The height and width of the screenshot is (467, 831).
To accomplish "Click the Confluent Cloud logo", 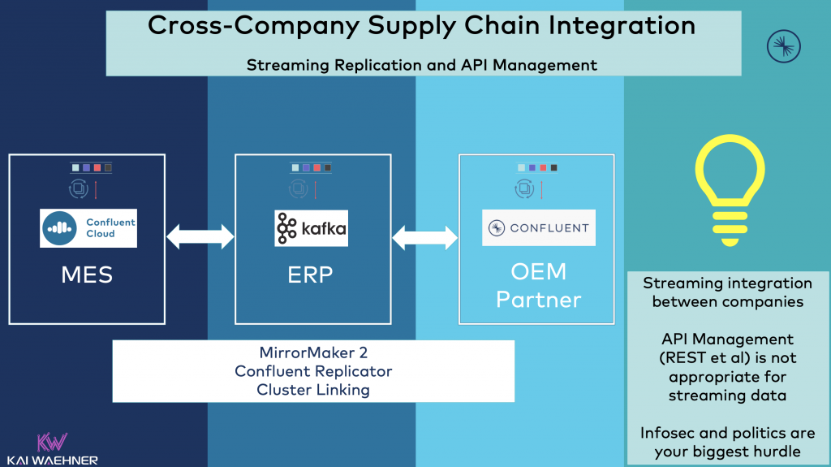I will [x=88, y=227].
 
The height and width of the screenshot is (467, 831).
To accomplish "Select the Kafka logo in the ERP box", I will [x=310, y=228].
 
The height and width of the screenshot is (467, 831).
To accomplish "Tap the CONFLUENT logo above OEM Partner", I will [x=539, y=228].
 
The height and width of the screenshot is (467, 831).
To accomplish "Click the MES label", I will [x=87, y=275].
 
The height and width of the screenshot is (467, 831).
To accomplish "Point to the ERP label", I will [x=310, y=275].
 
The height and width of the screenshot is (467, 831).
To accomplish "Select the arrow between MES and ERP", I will [x=200, y=236].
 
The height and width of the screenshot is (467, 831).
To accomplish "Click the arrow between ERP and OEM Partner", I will [x=425, y=236].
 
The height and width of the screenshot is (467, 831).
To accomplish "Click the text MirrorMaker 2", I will [x=313, y=352].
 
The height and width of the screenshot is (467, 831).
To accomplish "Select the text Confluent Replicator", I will [x=313, y=370].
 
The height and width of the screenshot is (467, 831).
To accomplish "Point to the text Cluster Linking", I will [x=313, y=389].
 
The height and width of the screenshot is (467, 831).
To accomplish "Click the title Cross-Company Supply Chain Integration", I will [x=421, y=26].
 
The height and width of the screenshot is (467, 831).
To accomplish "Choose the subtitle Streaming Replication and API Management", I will [x=421, y=64].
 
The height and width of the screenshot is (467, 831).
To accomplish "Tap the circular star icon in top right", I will [x=784, y=45].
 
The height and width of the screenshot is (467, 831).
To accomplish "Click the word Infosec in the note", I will [x=668, y=432].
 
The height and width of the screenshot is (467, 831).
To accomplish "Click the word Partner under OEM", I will [x=539, y=300].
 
